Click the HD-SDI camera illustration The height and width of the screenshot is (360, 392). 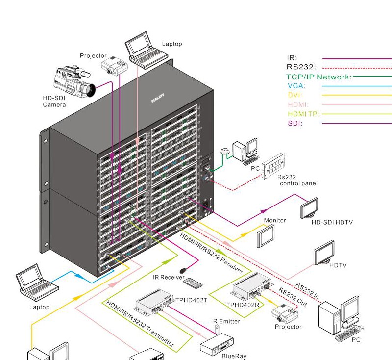73,81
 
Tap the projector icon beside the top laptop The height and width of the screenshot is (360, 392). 112,65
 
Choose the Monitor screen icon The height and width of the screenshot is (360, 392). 266,237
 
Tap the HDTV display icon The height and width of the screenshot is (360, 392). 324,255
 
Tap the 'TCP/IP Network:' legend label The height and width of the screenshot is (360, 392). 319,77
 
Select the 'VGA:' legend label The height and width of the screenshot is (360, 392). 295,86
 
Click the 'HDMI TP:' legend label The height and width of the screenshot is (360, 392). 303,114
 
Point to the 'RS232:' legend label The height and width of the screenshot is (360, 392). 301,67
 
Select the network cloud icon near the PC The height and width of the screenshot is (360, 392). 225,151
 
